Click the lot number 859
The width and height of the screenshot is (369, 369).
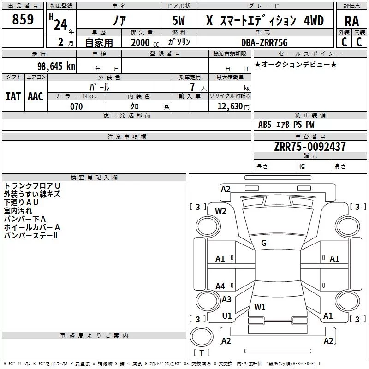pyautogui.click(x=23, y=19)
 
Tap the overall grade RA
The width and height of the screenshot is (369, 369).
pyautogui.click(x=351, y=21)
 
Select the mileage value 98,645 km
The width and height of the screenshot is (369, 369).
pyautogui.click(x=56, y=66)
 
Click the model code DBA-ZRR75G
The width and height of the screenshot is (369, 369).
pyautogui.click(x=264, y=42)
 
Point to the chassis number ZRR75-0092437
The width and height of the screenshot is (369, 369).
pyautogui.click(x=310, y=147)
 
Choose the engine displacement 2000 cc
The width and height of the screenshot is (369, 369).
pyautogui.click(x=145, y=42)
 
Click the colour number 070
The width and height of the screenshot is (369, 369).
pyautogui.click(x=77, y=107)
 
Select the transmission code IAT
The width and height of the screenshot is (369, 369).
pyautogui.click(x=13, y=96)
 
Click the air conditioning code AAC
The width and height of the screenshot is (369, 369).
pyautogui.click(x=36, y=96)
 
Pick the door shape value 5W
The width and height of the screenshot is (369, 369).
pyautogui.click(x=179, y=20)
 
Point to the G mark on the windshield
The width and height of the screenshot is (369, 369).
pyautogui.click(x=264, y=243)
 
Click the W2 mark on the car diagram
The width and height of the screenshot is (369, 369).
pyautogui.click(x=220, y=211)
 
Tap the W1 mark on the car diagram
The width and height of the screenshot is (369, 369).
pyautogui.click(x=260, y=307)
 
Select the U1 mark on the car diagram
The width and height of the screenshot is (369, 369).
pyautogui.click(x=227, y=316)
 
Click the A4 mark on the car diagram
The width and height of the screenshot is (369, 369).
pyautogui.click(x=220, y=286)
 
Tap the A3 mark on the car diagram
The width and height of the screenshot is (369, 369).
pyautogui.click(x=226, y=299)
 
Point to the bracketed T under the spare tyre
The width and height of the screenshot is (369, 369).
pyautogui.click(x=202, y=353)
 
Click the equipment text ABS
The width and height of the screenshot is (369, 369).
pyautogui.click(x=265, y=125)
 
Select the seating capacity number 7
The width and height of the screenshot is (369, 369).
pyautogui.click(x=192, y=87)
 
